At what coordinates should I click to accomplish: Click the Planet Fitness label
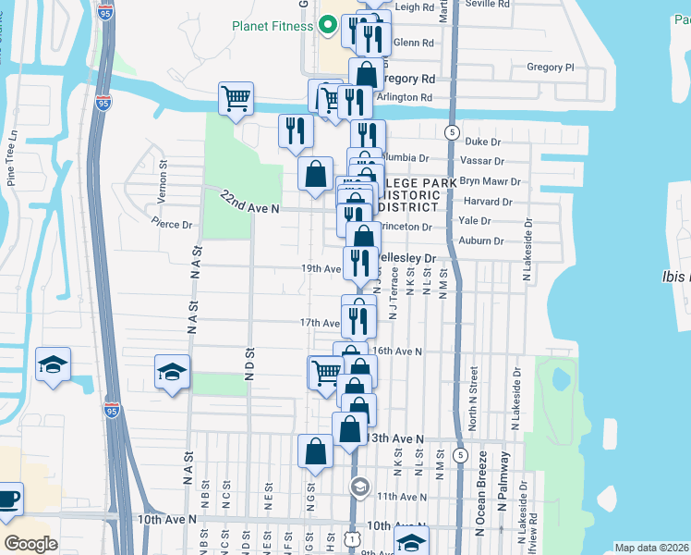coord(273,25)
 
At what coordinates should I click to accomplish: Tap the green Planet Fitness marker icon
coord(325,25)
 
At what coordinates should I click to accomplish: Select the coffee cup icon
coord(8,499)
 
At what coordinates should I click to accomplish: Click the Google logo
coord(30,544)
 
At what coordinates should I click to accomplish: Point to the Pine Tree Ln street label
coord(12,158)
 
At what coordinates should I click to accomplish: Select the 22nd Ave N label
coord(249,204)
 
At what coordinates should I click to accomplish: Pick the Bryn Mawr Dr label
coord(491,182)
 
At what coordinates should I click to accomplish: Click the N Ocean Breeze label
coord(481,507)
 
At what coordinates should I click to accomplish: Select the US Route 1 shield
coord(353,537)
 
